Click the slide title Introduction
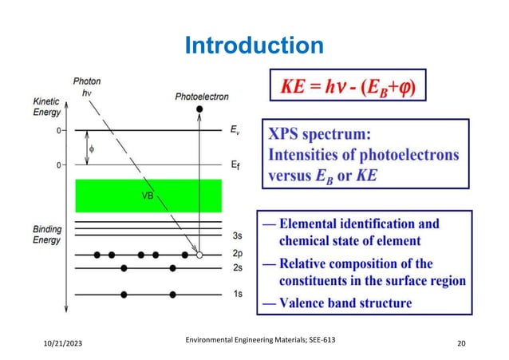[x=254, y=45]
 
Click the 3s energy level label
[x=236, y=236]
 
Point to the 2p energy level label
[x=236, y=255]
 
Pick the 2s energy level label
[x=236, y=269]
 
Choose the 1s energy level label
[x=236, y=295]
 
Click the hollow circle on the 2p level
[x=199, y=255]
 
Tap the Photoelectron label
[x=202, y=97]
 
